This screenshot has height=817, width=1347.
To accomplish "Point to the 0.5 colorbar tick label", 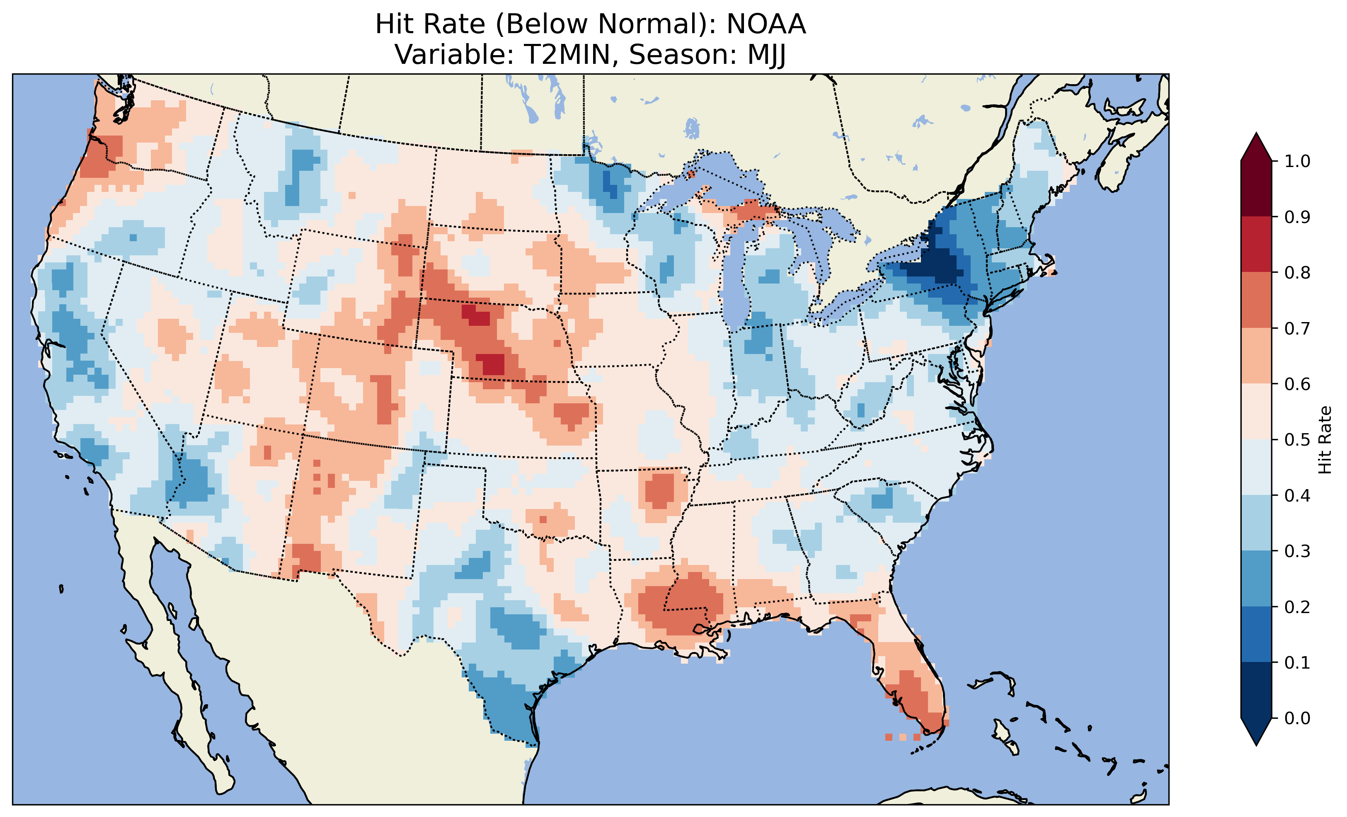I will [1297, 440].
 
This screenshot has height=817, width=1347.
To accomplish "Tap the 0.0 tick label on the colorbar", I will [1297, 718].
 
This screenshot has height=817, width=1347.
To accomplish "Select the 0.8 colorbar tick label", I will [1297, 272].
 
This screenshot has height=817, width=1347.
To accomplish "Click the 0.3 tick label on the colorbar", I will [1297, 551].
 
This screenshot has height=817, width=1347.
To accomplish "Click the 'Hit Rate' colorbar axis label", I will [1325, 440].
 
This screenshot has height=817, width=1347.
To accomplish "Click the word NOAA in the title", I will [766, 24].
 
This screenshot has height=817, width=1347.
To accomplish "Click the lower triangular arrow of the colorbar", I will [1256, 731].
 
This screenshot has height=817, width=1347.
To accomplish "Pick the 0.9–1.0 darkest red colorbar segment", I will [1256, 189].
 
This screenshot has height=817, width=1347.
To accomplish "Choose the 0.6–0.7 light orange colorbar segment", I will [1256, 356].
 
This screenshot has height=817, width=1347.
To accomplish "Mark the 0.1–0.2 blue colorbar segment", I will [1256, 634].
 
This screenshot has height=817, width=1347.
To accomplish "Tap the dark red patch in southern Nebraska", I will [491, 364].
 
